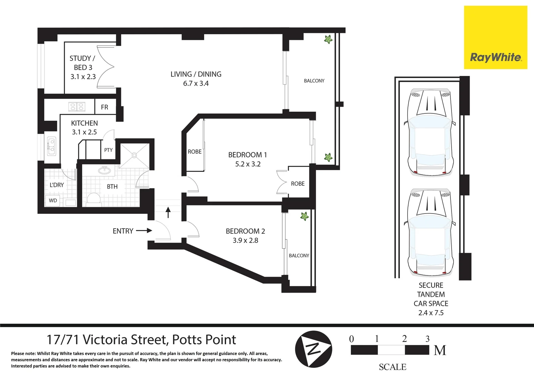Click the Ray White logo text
point(496,57)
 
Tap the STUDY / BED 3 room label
point(83,67)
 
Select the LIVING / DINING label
point(196,74)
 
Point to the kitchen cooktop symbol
point(77,107)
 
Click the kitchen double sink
point(51,146)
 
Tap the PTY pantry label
point(108,150)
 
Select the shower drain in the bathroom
point(134,156)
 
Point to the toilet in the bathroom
point(94,199)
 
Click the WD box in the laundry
point(53,201)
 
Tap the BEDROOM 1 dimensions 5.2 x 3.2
point(248,164)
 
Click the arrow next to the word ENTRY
point(144,231)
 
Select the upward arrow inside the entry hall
point(168,212)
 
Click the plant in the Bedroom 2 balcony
point(304,216)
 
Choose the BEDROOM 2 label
point(245,231)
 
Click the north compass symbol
point(313,349)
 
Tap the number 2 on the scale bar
point(404,338)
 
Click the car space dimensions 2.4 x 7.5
point(431,313)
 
